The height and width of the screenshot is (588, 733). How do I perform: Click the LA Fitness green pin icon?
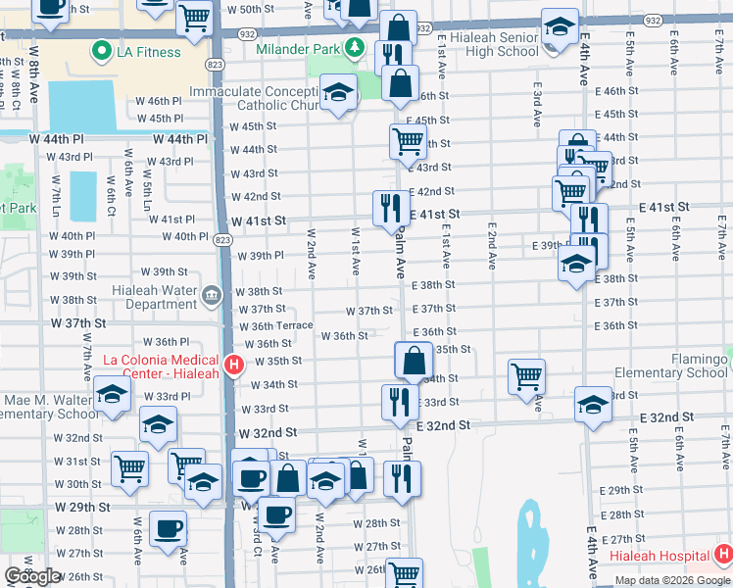point(100,51)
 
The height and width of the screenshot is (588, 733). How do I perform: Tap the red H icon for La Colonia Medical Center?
point(233,367)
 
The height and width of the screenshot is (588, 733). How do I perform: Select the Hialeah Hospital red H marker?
point(722,555)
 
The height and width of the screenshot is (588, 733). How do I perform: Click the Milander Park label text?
point(297,48)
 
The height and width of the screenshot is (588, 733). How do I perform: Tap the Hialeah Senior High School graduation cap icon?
point(560,26)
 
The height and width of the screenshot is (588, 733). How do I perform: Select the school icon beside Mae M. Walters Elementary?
point(113,395)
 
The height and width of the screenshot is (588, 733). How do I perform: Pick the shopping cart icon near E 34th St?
point(526,375)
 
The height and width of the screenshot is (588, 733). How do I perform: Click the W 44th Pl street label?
point(180,139)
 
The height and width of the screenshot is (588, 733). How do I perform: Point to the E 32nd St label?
point(444,425)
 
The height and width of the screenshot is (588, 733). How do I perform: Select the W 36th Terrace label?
point(275,325)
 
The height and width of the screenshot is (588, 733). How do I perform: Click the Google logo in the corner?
point(32,576)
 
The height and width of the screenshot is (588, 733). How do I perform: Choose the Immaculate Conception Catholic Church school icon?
point(339,94)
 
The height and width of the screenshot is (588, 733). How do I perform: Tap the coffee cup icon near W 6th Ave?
point(169,529)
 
